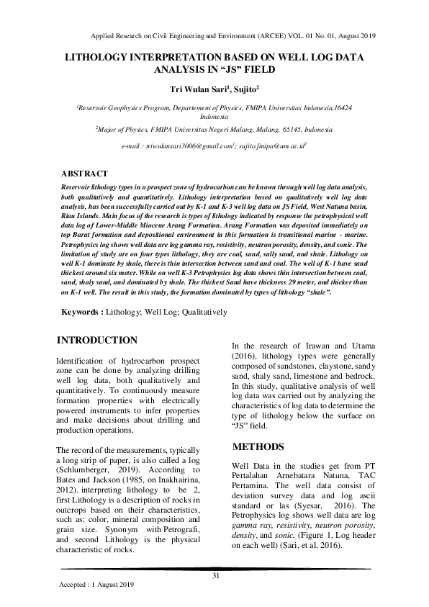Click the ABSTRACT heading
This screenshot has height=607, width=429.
pyautogui.click(x=84, y=174)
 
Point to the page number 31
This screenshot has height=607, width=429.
pyautogui.click(x=214, y=575)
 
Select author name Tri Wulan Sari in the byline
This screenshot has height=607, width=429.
pyautogui.click(x=197, y=89)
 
